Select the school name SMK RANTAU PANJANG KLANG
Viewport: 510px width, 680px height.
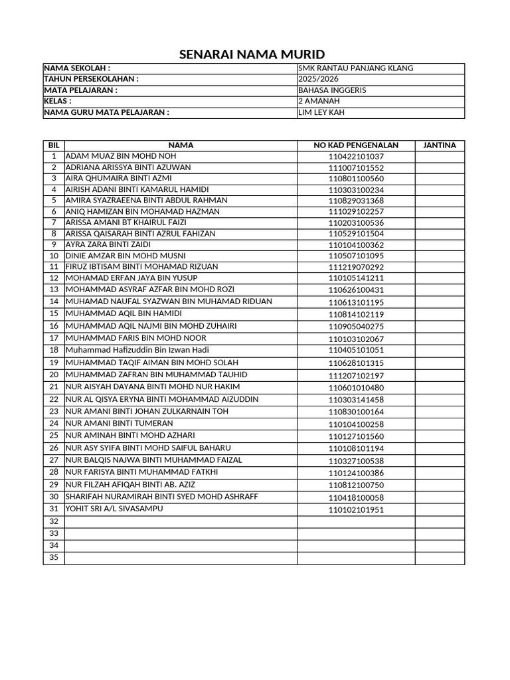[x=355, y=68]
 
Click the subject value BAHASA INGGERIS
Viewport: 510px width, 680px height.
[x=332, y=90]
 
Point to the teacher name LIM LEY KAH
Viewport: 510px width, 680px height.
[x=322, y=112]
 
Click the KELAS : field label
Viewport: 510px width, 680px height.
[x=58, y=101]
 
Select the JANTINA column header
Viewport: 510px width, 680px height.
[x=440, y=145]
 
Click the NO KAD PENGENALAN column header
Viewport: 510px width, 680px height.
[x=356, y=145]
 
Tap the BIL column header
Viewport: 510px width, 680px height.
[x=54, y=145]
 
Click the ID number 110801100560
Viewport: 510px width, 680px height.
[x=356, y=179]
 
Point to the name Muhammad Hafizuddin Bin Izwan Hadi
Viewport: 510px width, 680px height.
[x=137, y=349]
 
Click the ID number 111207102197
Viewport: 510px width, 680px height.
[x=356, y=376]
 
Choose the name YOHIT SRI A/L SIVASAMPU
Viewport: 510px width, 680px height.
[x=114, y=509]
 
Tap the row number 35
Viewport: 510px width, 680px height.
[x=54, y=558]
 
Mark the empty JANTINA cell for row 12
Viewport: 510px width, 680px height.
[x=440, y=278]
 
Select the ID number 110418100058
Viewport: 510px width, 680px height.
[x=356, y=497]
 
